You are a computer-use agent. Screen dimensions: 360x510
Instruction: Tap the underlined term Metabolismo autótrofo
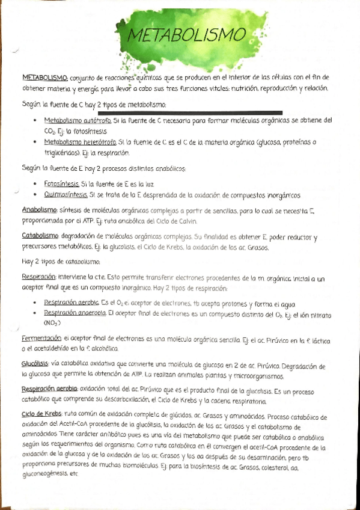(x=73, y=120)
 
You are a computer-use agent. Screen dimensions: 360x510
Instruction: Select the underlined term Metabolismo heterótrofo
(x=75, y=143)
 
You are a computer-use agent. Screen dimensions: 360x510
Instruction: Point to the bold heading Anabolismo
(x=39, y=209)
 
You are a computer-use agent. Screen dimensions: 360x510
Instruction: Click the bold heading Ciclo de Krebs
(x=42, y=416)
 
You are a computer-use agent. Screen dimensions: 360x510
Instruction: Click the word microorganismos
(x=256, y=376)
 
